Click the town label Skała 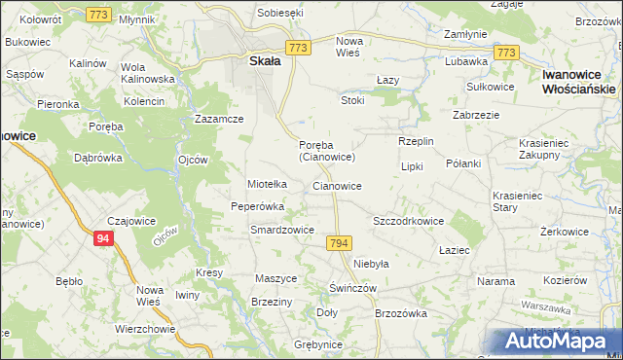pos(259,60)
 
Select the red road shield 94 pos(104,237)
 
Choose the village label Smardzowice pos(281,231)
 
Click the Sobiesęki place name pos(280,13)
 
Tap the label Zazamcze pos(218,119)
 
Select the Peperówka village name pos(257,206)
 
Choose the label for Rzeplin pos(416,141)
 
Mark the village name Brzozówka pos(401,313)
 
